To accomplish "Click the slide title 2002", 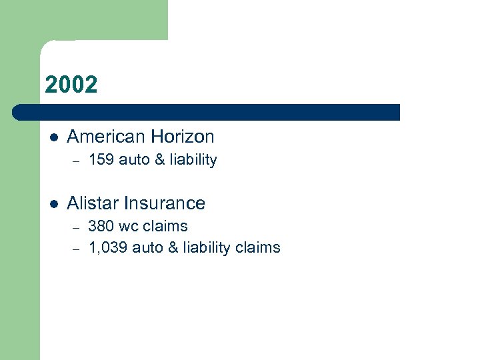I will click(x=71, y=85).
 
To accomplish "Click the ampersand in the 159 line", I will click(x=157, y=160).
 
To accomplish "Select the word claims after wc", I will click(x=165, y=226).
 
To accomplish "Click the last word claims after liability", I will click(x=258, y=248).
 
